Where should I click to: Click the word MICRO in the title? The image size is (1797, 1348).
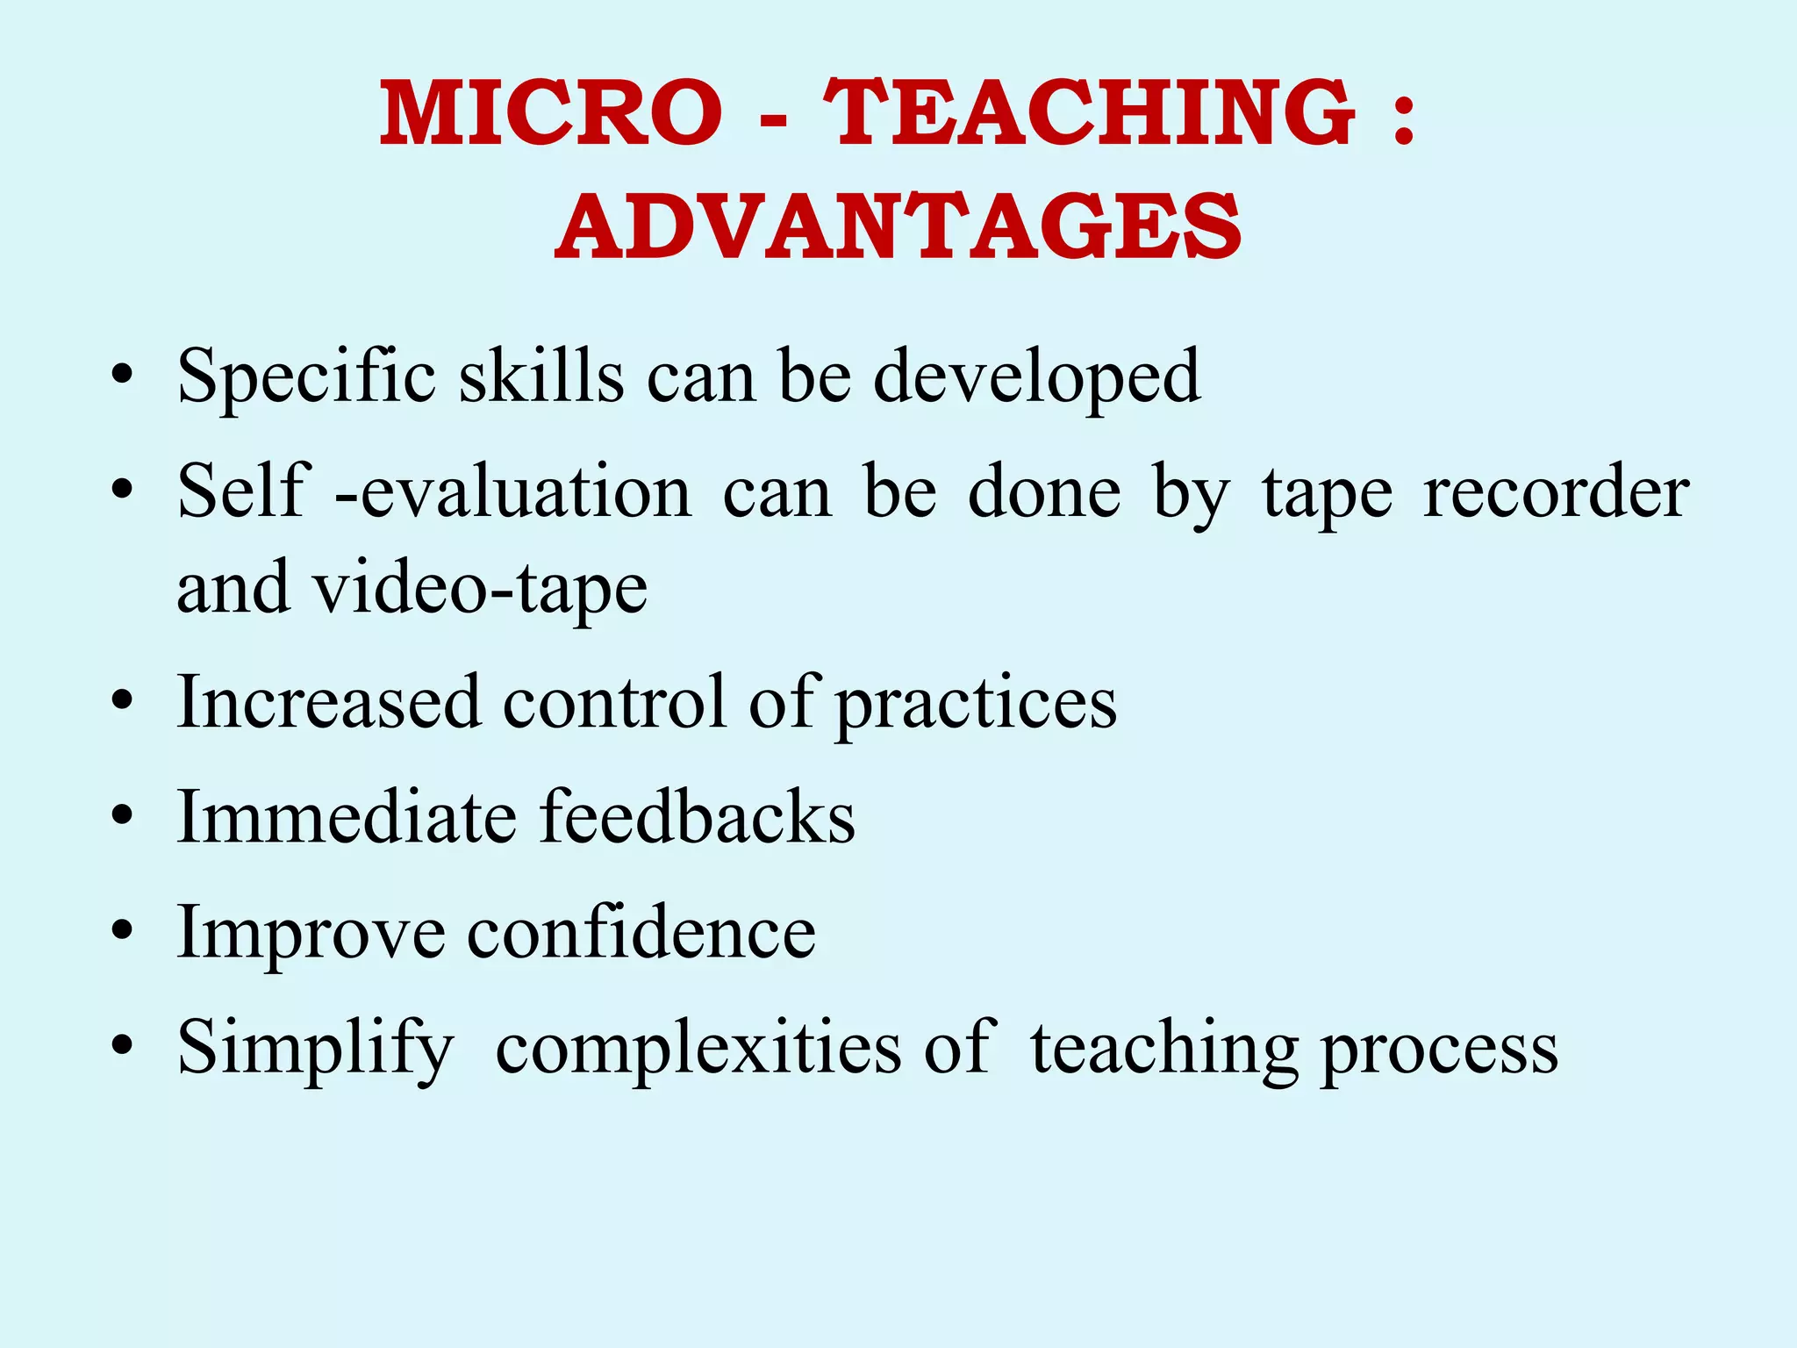pos(551,113)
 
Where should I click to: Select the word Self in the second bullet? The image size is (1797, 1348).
pos(243,491)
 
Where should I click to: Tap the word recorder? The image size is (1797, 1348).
pos(1556,492)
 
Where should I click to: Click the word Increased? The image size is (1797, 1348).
pos(329,702)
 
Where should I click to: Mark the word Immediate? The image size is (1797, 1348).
pos(347,817)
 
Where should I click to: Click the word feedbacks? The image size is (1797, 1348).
pos(697,817)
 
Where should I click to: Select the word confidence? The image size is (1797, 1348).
pos(641,932)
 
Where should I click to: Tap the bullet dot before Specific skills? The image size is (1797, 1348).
pos(123,376)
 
